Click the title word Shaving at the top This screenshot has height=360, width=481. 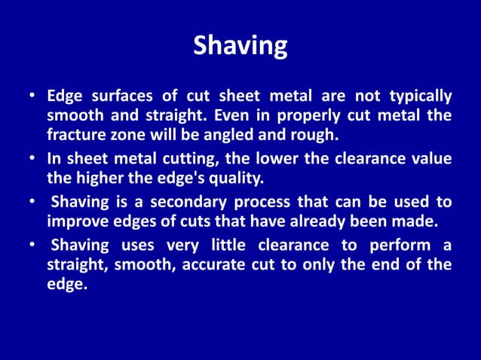(240, 47)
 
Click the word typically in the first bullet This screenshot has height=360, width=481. (421, 97)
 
